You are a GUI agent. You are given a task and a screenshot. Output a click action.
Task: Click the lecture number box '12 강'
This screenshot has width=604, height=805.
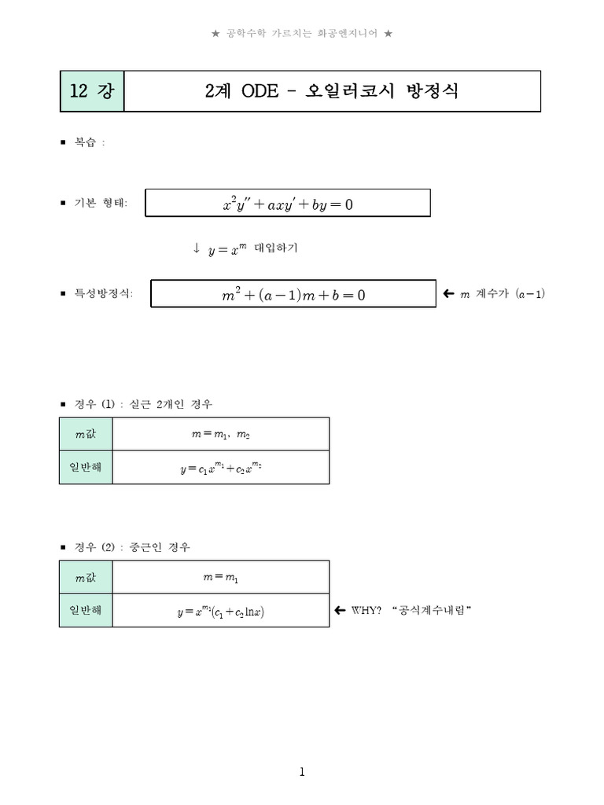[91, 91]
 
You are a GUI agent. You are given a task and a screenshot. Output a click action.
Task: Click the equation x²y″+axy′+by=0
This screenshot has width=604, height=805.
[288, 204]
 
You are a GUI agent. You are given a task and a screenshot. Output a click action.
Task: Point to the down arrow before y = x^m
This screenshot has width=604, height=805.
[196, 248]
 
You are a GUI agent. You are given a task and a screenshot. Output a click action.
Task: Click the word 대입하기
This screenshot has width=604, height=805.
[276, 248]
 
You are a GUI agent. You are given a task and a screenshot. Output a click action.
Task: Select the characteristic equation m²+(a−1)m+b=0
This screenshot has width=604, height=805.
[293, 295]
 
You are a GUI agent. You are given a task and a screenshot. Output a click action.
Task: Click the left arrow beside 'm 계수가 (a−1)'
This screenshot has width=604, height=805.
[448, 294]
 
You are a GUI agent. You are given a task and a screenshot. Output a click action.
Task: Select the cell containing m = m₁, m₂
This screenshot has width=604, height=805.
[221, 434]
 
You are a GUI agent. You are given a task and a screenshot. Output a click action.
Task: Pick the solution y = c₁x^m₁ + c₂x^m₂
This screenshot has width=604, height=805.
[221, 468]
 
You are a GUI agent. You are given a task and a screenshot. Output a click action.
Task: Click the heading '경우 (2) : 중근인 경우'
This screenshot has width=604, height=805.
[132, 546]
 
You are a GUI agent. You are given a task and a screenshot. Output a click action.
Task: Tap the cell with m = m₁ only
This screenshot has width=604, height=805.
[221, 577]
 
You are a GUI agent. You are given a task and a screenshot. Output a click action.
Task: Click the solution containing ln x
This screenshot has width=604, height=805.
[221, 611]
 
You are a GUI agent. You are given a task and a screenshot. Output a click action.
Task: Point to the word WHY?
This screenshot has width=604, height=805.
[366, 611]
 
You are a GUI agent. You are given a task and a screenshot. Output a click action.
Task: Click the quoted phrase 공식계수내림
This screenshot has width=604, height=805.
[430, 611]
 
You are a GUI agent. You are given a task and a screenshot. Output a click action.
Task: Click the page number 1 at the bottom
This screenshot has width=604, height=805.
[302, 772]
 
